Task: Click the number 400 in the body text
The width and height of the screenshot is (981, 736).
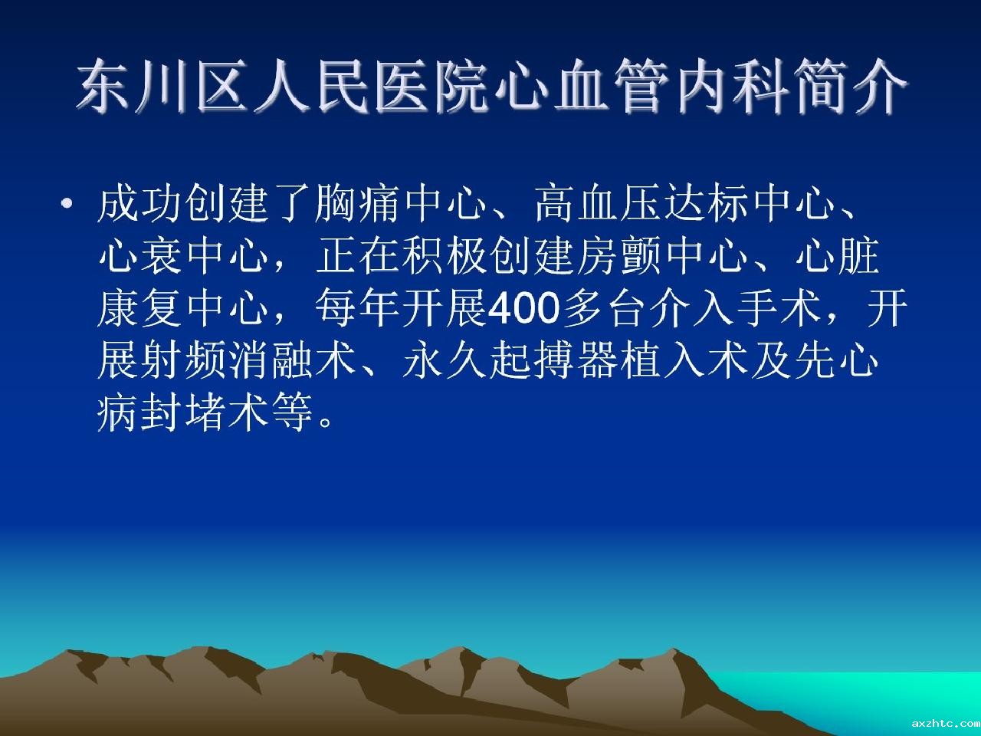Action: click(x=523, y=308)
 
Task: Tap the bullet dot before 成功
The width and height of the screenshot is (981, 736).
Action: click(x=67, y=205)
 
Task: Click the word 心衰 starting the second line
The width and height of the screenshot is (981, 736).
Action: click(x=139, y=256)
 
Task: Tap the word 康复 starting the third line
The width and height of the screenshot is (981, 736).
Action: click(x=139, y=308)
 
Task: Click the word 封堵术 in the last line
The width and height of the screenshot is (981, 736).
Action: click(x=205, y=413)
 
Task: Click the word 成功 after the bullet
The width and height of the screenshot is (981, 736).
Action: click(x=139, y=203)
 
